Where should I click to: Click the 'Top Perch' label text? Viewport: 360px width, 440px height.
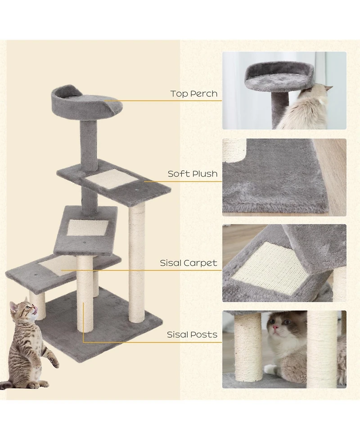coord(194,94)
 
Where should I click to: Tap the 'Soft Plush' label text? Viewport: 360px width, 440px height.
coord(193,173)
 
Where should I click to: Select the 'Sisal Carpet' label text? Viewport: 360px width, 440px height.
coord(189,263)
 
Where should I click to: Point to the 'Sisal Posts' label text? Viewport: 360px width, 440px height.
coord(192,335)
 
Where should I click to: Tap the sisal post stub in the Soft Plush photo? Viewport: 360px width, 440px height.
coord(234,150)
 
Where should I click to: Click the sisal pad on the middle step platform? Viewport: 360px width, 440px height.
coord(88,227)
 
